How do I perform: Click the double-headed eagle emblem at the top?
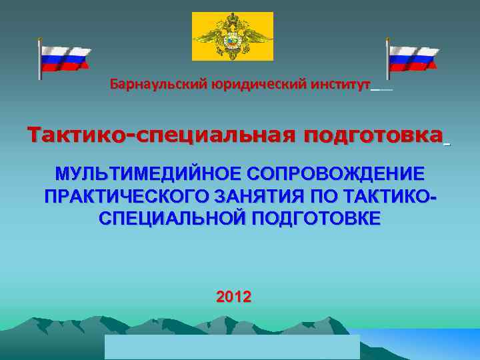[x=233, y=36]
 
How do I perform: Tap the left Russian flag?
[x=65, y=59]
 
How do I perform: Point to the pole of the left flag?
[x=40, y=60]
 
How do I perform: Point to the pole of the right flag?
[x=388, y=60]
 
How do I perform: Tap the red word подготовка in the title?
[x=373, y=135]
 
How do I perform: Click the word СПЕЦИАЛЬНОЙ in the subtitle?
[x=173, y=219]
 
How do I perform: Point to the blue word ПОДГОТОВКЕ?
[x=316, y=219]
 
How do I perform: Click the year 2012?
[x=234, y=297]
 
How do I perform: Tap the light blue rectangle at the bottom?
[x=232, y=347]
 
